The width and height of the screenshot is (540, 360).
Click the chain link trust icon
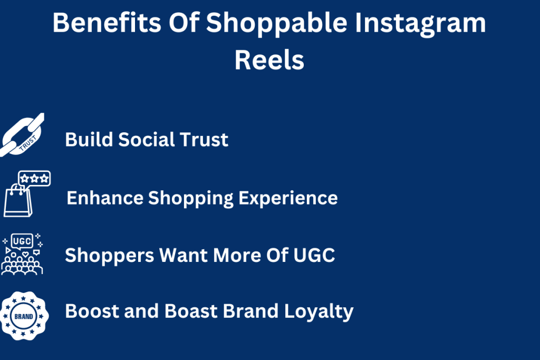click(x=22, y=135)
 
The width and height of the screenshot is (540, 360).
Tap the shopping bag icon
click(x=18, y=200)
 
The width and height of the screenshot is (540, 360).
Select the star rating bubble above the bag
click(x=34, y=178)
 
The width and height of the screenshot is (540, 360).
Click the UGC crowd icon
click(x=22, y=254)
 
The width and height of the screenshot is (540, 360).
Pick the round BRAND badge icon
click(x=24, y=316)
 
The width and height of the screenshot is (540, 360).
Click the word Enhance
click(x=105, y=198)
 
